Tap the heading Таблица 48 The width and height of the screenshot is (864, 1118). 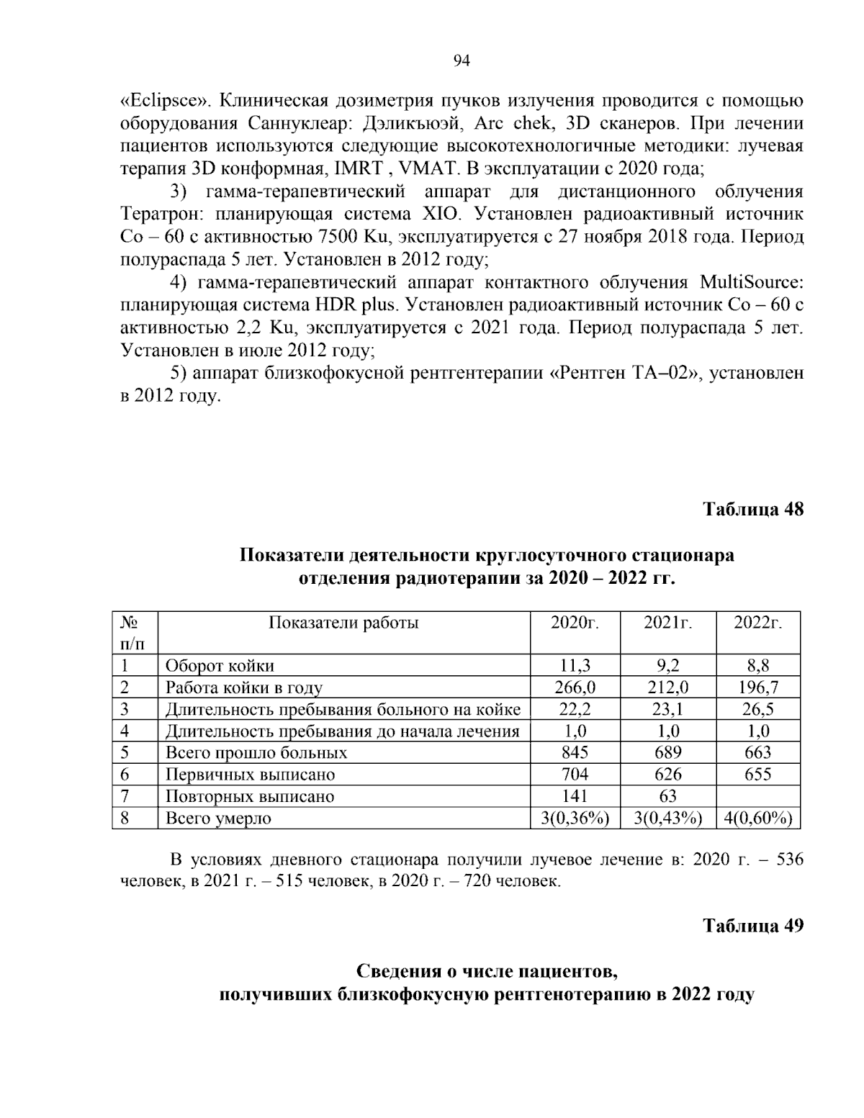pyautogui.click(x=752, y=509)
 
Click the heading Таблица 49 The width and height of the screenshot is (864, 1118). pyautogui.click(x=752, y=925)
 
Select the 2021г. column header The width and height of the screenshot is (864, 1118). pyautogui.click(x=667, y=623)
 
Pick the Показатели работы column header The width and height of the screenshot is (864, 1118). pyautogui.click(x=343, y=623)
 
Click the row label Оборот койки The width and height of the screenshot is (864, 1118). pyautogui.click(x=220, y=666)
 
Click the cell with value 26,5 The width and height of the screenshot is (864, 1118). pyautogui.click(x=757, y=709)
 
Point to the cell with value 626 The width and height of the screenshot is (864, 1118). pyautogui.click(x=667, y=775)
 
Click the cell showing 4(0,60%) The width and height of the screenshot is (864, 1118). pyautogui.click(x=757, y=818)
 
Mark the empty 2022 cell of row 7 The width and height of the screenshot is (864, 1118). pyautogui.click(x=757, y=796)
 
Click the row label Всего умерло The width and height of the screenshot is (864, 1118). pyautogui.click(x=218, y=818)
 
